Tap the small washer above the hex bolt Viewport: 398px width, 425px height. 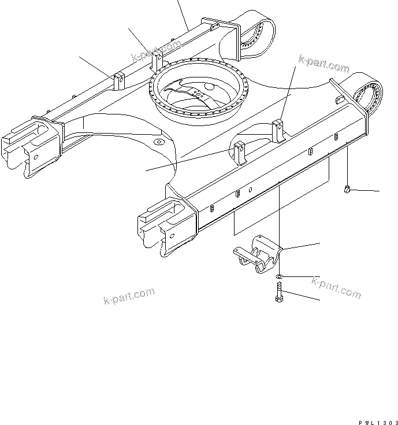(x=279, y=277)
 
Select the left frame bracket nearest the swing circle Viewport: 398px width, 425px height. (x=155, y=61)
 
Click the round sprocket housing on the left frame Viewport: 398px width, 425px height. (x=256, y=37)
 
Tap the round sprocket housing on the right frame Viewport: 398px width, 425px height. (x=369, y=95)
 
